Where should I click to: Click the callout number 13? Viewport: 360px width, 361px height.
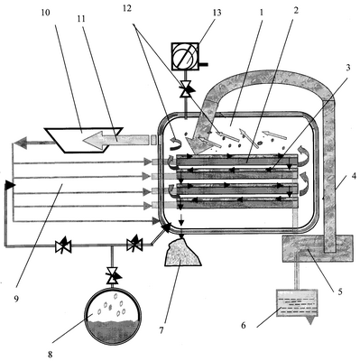pyautogui.click(x=217, y=13)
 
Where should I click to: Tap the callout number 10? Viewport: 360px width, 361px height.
pyautogui.click(x=46, y=14)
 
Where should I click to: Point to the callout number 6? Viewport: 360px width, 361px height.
pyautogui.click(x=244, y=325)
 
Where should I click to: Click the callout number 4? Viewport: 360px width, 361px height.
pyautogui.click(x=354, y=176)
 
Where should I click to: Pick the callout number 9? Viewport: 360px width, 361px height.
pyautogui.click(x=16, y=299)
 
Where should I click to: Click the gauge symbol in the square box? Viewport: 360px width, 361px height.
pyautogui.click(x=185, y=56)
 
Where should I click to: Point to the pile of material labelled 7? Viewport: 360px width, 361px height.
pyautogui.click(x=181, y=252)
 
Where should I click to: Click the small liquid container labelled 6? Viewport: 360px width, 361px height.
pyautogui.click(x=297, y=304)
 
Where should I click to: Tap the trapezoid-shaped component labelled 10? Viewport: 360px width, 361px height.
pyautogui.click(x=83, y=140)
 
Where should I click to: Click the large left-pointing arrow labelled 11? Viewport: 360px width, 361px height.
pyautogui.click(x=115, y=140)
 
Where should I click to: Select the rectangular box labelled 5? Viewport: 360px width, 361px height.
pyautogui.click(x=317, y=248)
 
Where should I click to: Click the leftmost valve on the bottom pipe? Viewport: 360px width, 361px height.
pyautogui.click(x=63, y=245)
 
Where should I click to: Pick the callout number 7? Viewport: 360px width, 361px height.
pyautogui.click(x=162, y=330)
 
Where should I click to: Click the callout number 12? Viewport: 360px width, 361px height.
pyautogui.click(x=127, y=8)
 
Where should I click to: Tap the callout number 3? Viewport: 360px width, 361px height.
pyautogui.click(x=348, y=68)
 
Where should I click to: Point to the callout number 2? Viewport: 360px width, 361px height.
pyautogui.click(x=296, y=10)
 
